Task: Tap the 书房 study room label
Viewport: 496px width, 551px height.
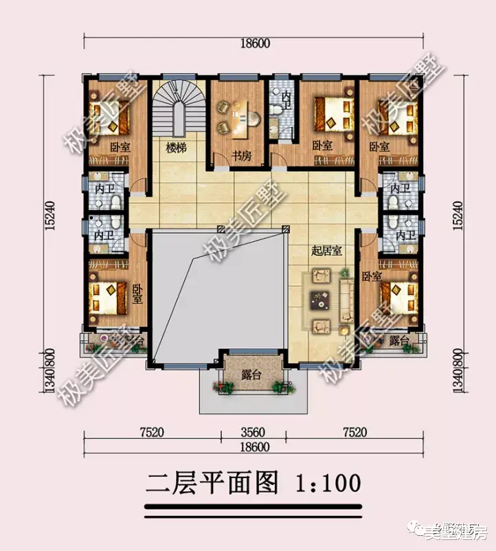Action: [240, 156]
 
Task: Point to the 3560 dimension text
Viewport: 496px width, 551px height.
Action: [254, 432]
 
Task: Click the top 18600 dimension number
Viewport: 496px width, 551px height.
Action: [255, 43]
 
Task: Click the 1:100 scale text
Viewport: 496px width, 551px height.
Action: [328, 483]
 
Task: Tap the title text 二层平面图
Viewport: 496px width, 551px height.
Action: [212, 483]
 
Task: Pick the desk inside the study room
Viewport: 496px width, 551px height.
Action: [240, 113]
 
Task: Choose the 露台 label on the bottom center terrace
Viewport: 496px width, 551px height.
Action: [251, 374]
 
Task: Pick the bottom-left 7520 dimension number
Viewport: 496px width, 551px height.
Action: [152, 432]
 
